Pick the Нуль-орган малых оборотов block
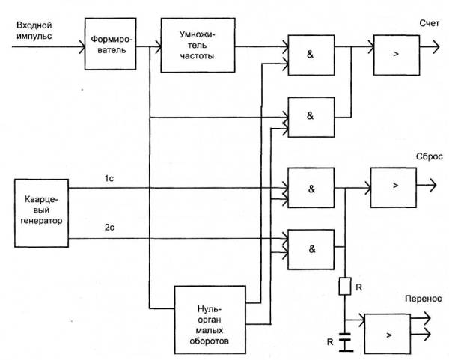(x=211, y=319)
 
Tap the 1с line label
(x=109, y=177)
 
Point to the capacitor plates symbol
(x=345, y=342)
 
